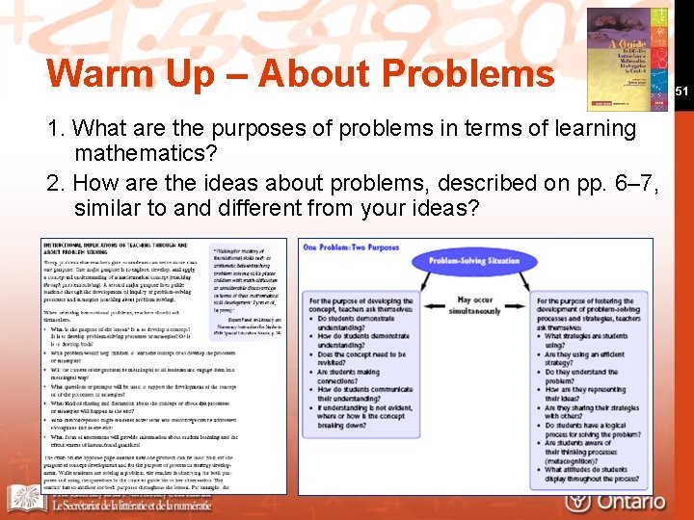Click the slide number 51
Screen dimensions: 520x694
[681, 91]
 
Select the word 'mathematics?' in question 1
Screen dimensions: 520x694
[142, 153]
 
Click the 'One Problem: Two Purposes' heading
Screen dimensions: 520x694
[351, 247]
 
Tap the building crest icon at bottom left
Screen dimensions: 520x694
[23, 499]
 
